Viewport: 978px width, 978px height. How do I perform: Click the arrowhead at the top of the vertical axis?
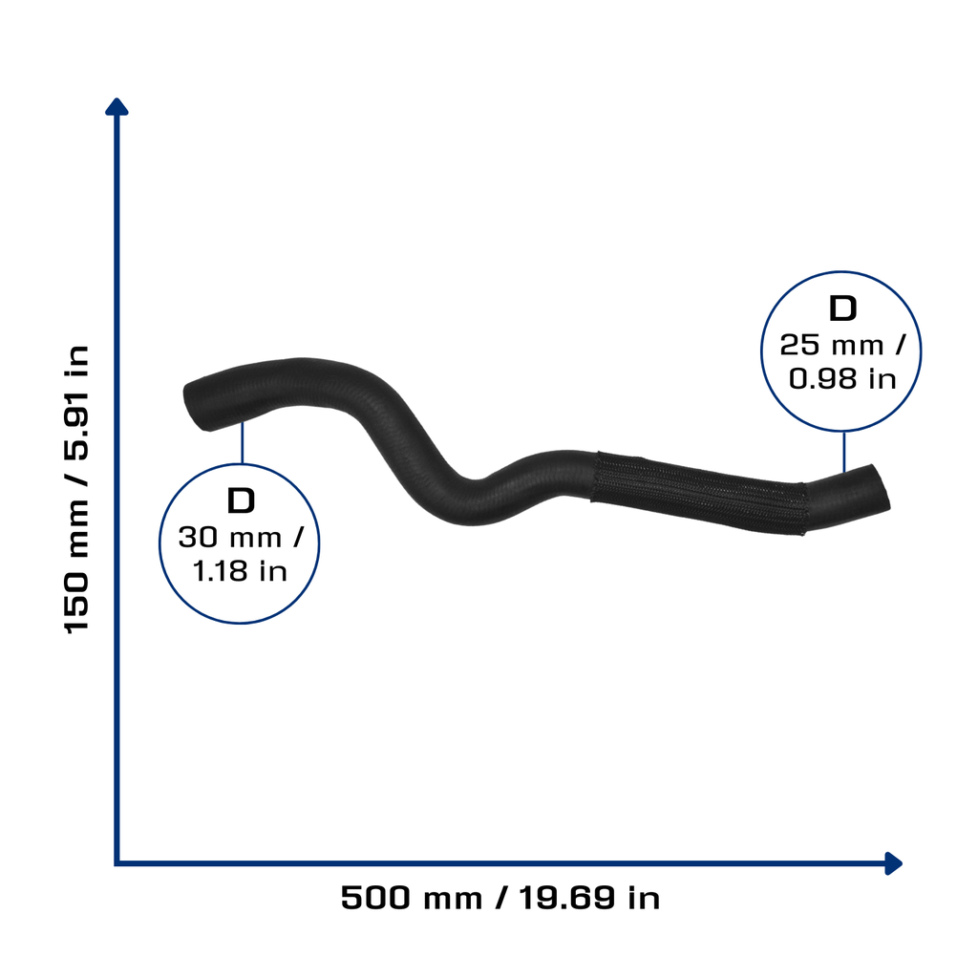tap(117, 106)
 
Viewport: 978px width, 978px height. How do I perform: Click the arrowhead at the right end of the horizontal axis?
tap(894, 863)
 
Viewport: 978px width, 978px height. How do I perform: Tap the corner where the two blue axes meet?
tap(117, 863)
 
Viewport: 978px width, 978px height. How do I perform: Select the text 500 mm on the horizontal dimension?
tap(412, 898)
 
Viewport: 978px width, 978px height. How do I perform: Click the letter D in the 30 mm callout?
tap(241, 500)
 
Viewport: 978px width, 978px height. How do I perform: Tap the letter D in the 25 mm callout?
tap(842, 308)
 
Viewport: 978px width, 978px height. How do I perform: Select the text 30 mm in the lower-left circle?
tap(230, 538)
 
